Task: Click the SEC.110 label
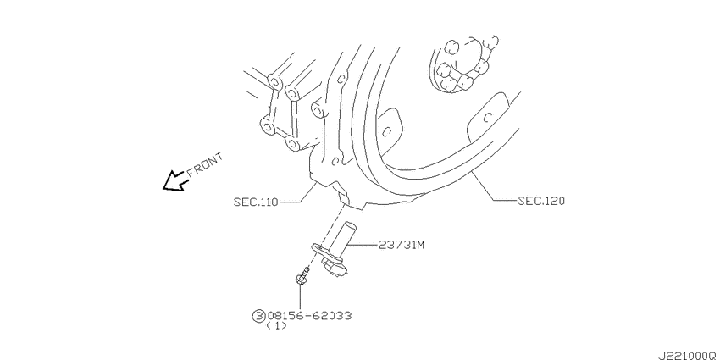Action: [256, 202]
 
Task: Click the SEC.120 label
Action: [541, 201]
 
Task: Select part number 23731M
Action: [402, 245]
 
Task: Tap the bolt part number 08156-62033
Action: [309, 315]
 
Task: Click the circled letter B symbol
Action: [258, 315]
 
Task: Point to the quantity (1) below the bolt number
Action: [276, 326]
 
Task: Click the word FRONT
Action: [205, 164]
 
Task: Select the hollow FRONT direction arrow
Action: [174, 181]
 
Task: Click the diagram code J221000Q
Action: [688, 356]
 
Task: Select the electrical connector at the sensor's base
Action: [336, 267]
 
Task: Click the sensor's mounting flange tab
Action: [319, 248]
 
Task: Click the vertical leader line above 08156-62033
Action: [300, 296]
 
